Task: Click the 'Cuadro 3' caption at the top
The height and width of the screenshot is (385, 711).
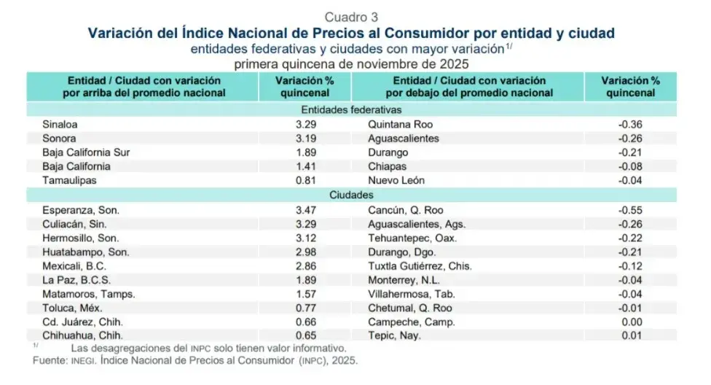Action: click(x=352, y=17)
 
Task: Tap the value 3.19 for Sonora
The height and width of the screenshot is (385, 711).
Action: click(x=307, y=138)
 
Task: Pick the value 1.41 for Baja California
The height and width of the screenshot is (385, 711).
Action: click(x=307, y=166)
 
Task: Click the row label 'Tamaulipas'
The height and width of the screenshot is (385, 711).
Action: click(x=70, y=180)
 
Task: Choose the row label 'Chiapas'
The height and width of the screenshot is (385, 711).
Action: click(x=388, y=166)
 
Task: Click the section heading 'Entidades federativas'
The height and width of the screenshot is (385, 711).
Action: click(x=352, y=110)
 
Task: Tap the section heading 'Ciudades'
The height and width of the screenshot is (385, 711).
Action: click(x=352, y=195)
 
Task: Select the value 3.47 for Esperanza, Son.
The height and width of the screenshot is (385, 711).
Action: click(x=307, y=210)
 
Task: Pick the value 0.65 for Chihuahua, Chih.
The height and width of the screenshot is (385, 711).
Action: click(x=307, y=335)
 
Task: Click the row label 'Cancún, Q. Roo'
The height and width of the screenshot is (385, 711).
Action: click(x=404, y=210)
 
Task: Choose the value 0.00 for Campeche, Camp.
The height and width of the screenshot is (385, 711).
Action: click(x=631, y=322)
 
